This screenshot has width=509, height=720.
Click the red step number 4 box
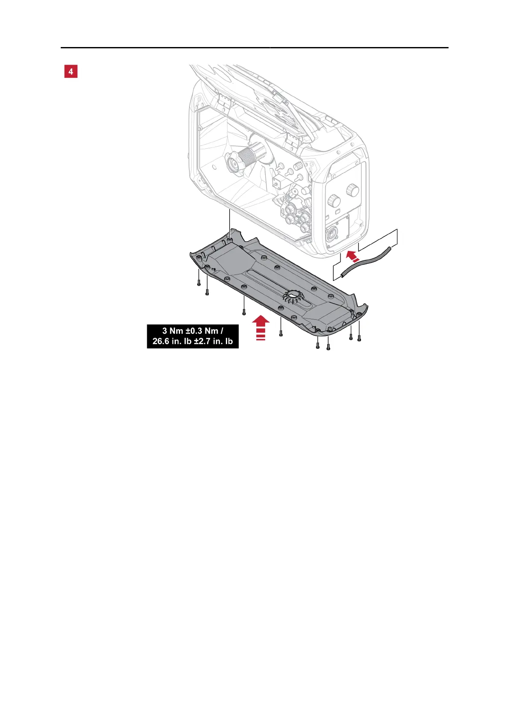tap(71, 71)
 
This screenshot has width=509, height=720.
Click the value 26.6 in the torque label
tap(162, 341)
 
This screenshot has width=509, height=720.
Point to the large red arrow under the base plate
tap(260, 327)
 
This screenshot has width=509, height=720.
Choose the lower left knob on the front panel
tap(333, 201)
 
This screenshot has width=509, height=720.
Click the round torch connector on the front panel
tap(331, 235)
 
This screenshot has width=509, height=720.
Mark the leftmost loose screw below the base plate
tap(199, 283)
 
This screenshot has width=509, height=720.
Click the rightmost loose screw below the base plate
tap(359, 338)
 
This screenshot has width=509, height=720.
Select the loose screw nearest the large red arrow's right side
tap(281, 333)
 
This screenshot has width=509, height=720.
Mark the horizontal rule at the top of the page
tap(254, 47)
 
